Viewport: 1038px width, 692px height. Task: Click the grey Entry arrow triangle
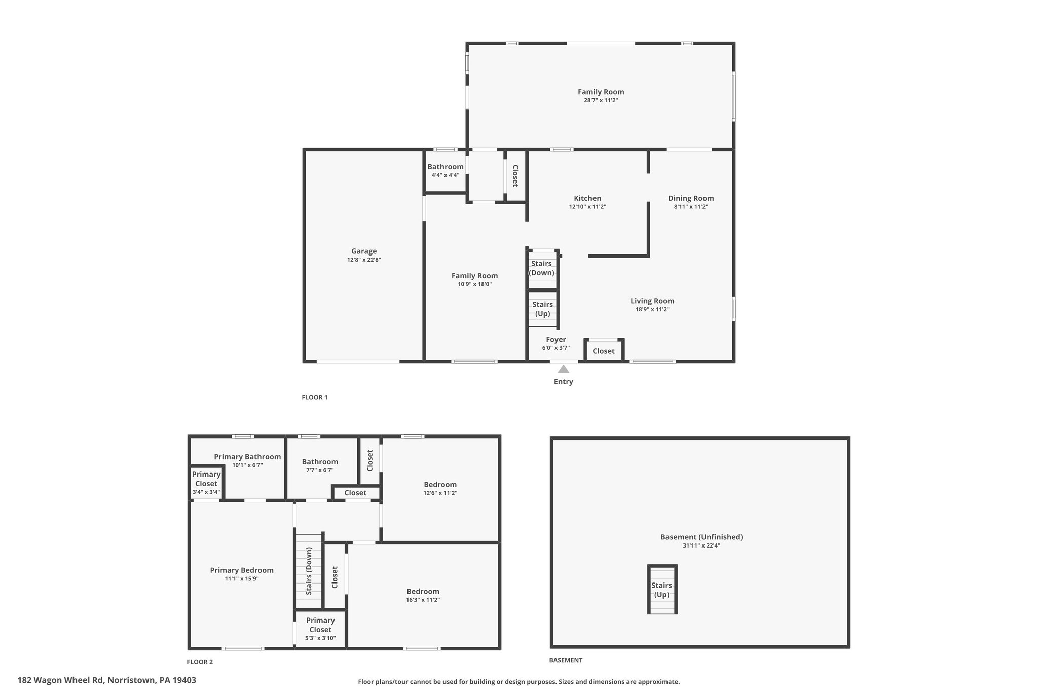pyautogui.click(x=563, y=369)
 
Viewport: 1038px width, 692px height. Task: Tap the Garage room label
pyautogui.click(x=364, y=251)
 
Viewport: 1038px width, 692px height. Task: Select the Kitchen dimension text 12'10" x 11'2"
pyautogui.click(x=587, y=207)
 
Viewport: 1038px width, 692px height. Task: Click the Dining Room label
pyautogui.click(x=691, y=198)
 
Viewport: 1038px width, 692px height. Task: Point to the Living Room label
pyautogui.click(x=652, y=301)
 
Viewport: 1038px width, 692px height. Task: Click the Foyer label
pyautogui.click(x=556, y=339)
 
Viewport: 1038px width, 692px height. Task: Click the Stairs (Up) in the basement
pyautogui.click(x=662, y=590)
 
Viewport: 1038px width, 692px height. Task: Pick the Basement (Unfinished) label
pyautogui.click(x=701, y=537)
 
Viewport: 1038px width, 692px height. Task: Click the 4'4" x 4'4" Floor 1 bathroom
pyautogui.click(x=446, y=171)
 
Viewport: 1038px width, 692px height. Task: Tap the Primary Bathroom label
pyautogui.click(x=247, y=457)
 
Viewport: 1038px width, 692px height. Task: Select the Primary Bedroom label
pyautogui.click(x=242, y=570)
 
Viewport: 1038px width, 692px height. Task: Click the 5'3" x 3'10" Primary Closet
pyautogui.click(x=320, y=629)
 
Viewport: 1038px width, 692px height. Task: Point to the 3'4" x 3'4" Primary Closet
pyautogui.click(x=206, y=483)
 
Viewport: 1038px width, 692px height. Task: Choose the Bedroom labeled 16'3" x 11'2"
pyautogui.click(x=423, y=595)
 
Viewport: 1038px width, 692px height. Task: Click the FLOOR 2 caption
pyautogui.click(x=200, y=662)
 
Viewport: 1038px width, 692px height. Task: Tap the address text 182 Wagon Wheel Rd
pyautogui.click(x=61, y=680)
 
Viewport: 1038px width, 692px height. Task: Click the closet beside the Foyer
pyautogui.click(x=604, y=351)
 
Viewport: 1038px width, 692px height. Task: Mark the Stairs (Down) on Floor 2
pyautogui.click(x=309, y=571)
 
